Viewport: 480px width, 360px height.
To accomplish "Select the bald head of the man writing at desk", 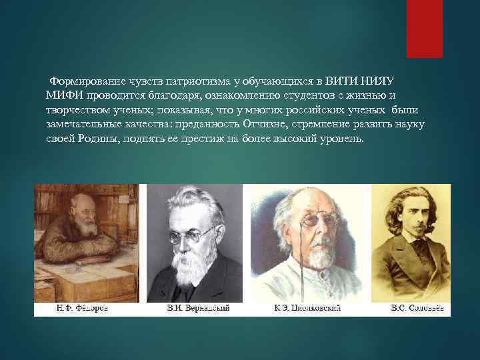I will [x=81, y=200].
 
